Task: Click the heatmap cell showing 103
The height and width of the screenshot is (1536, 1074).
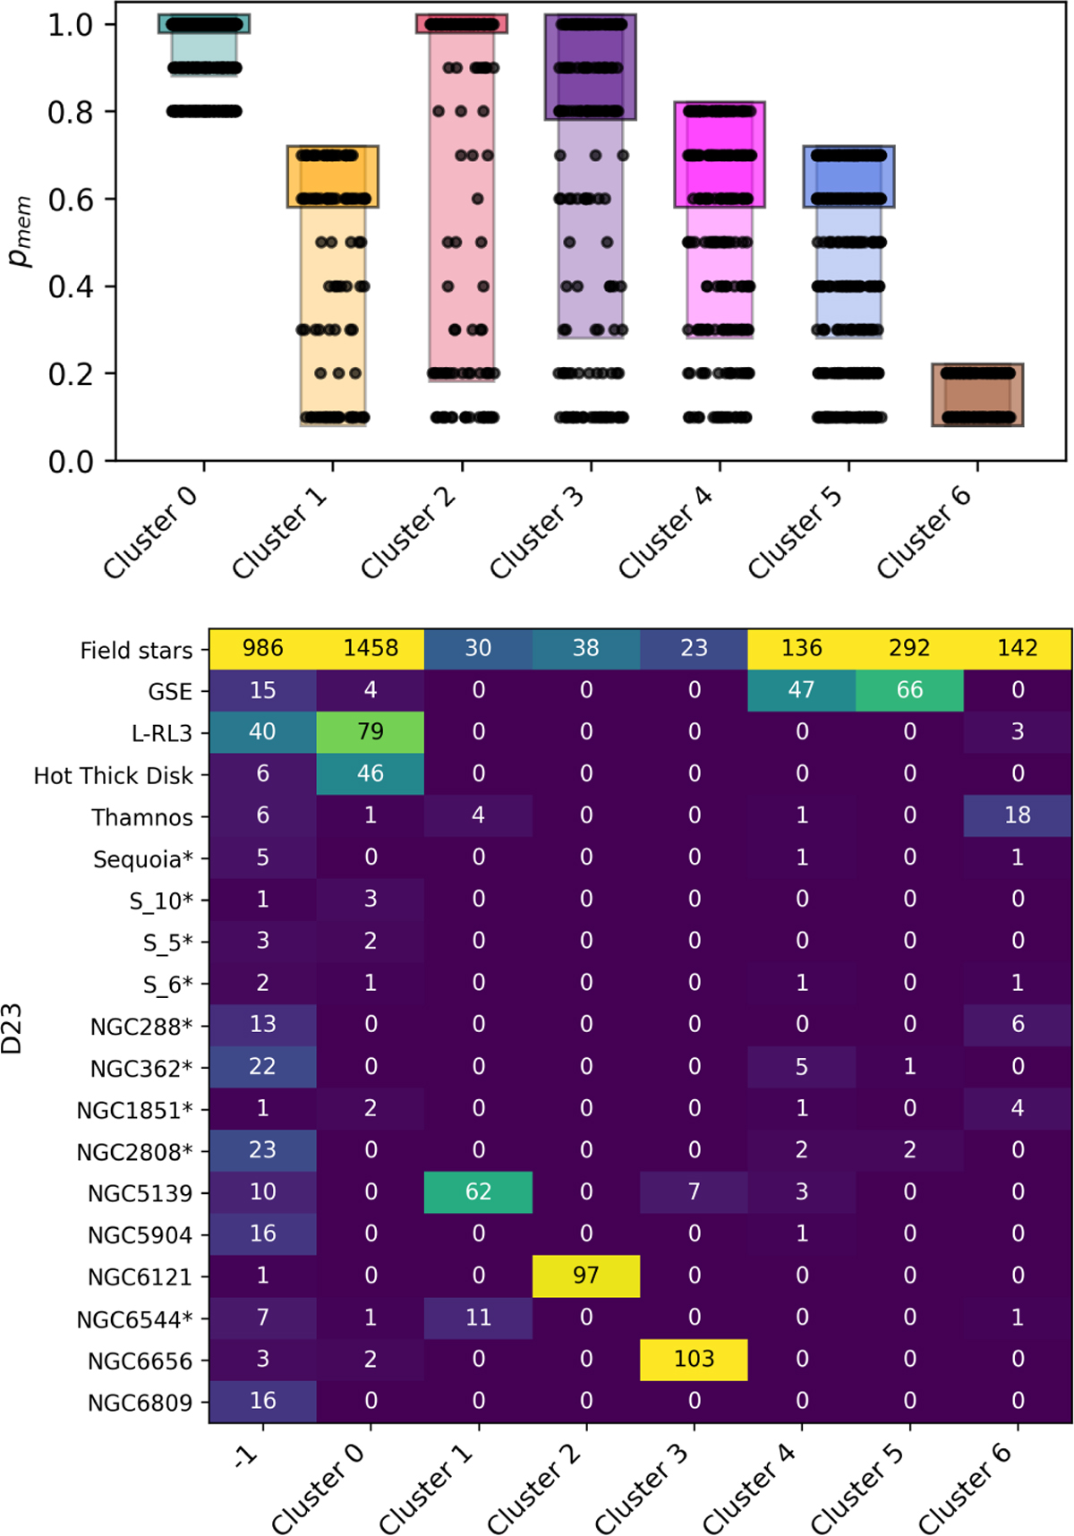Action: coord(694,1359)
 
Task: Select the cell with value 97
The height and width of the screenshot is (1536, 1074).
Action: coord(586,1276)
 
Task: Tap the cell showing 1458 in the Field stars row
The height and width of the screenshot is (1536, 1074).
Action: coord(371,648)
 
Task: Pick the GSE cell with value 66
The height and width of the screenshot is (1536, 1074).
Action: coord(909,690)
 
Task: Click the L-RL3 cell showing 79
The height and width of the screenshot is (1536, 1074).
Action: coord(371,731)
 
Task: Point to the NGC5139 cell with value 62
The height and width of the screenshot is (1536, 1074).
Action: coord(478,1191)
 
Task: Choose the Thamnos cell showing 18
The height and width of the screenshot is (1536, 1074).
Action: coord(1018,815)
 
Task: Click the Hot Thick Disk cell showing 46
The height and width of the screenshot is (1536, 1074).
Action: coord(371,773)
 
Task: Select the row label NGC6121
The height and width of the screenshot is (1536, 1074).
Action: coord(140,1277)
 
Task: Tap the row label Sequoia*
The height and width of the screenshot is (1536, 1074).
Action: coord(143,859)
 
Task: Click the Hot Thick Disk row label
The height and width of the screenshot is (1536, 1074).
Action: coord(113,775)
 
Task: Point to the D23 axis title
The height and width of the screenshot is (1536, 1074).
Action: coord(13,1028)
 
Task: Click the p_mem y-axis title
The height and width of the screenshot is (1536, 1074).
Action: coord(20,232)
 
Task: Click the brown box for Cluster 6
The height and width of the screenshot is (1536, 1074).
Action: coord(977,395)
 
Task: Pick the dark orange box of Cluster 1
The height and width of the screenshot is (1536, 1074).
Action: coord(333,176)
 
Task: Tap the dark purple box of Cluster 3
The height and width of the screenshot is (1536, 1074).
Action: coord(591,67)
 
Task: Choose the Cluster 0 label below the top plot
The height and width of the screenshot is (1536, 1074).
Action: coord(150,534)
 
